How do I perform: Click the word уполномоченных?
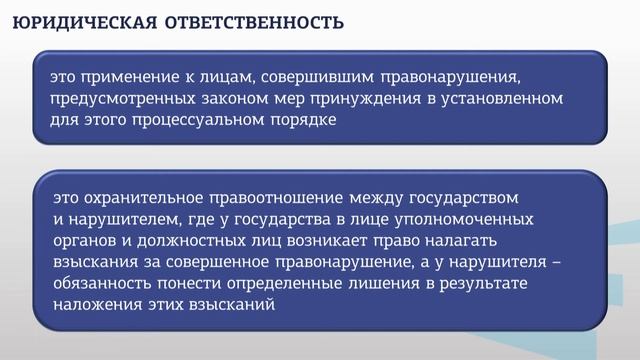coord(467,218)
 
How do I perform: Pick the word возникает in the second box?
coord(311,241)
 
